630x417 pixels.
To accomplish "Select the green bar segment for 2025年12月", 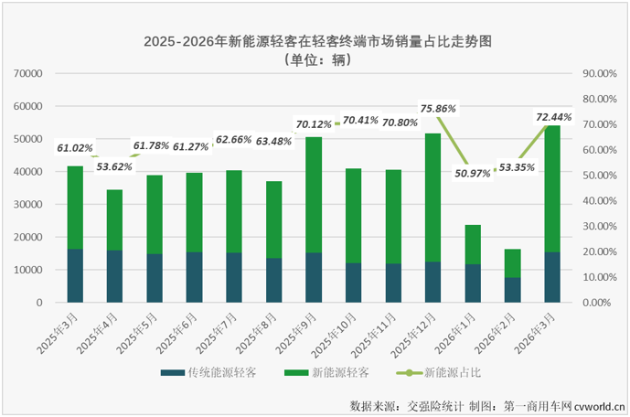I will click(x=433, y=197).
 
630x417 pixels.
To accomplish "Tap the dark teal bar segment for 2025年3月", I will click(x=75, y=275).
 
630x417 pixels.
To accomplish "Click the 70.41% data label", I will click(x=360, y=119).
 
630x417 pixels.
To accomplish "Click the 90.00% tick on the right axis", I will click(x=600, y=73).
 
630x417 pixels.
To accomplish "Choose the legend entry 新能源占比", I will click(x=454, y=373).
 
